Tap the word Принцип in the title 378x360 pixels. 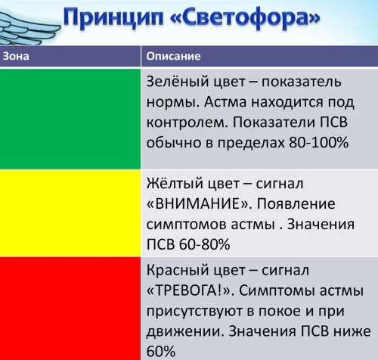point(113,17)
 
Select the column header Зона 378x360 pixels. point(16,56)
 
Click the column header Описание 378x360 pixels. point(173,56)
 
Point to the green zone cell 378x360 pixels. point(70,119)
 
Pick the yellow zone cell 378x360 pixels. point(70,213)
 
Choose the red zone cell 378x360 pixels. point(70,308)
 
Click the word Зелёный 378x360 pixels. point(178,82)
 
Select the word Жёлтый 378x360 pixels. point(175,184)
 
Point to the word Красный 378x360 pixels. point(178,271)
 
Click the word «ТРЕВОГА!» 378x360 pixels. point(191,291)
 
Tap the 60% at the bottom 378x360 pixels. point(161,351)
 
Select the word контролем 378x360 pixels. point(187,123)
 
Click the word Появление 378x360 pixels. point(296,204)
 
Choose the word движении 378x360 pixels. point(185,331)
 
